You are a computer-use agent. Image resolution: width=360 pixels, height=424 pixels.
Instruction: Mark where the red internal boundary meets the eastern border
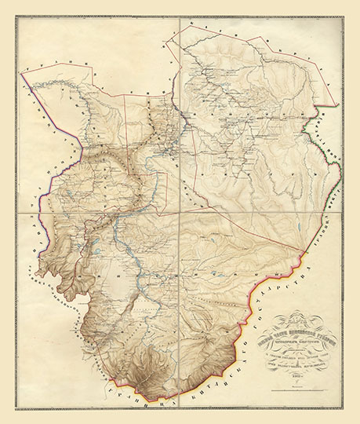pos(302,259)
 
